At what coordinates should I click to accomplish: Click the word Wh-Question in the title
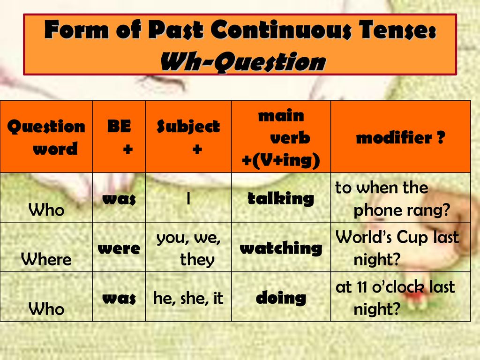coord(243,62)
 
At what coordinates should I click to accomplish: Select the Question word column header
coord(46,137)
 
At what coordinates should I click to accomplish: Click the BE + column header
coord(120,137)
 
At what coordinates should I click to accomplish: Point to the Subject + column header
coord(188,137)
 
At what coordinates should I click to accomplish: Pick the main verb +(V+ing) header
coord(281,137)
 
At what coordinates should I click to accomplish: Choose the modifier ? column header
coord(400,137)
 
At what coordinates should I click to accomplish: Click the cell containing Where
coord(46,259)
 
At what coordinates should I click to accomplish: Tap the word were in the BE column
coord(119,248)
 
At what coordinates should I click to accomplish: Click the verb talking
coord(281,199)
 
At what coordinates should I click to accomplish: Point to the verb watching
coord(281,248)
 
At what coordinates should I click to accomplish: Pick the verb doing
coord(281,298)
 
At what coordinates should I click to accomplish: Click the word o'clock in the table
coord(398,287)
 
